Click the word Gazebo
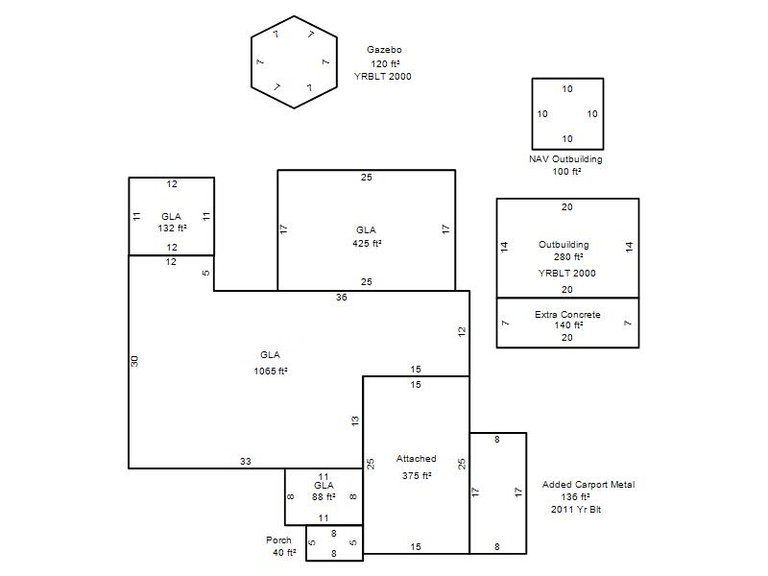pyautogui.click(x=384, y=50)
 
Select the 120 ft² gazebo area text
pyautogui.click(x=385, y=63)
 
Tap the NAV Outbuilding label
pyautogui.click(x=565, y=159)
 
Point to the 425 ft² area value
pyautogui.click(x=367, y=244)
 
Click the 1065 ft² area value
pyautogui.click(x=271, y=372)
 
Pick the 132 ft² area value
pyautogui.click(x=172, y=228)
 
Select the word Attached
pyautogui.click(x=416, y=459)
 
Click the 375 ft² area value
pyautogui.click(x=417, y=475)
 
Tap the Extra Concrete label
pyautogui.click(x=567, y=315)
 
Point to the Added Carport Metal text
pyautogui.click(x=588, y=485)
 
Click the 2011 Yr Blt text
pyautogui.click(x=575, y=510)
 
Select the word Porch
pyautogui.click(x=278, y=540)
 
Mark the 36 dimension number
pyautogui.click(x=342, y=298)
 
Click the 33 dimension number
pyautogui.click(x=246, y=462)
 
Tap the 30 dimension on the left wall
pyautogui.click(x=134, y=361)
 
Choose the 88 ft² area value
pyautogui.click(x=324, y=497)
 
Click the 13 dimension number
pyautogui.click(x=355, y=420)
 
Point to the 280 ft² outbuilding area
pyautogui.click(x=568, y=257)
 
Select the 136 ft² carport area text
pyautogui.click(x=575, y=496)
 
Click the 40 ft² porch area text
pyautogui.click(x=284, y=553)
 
